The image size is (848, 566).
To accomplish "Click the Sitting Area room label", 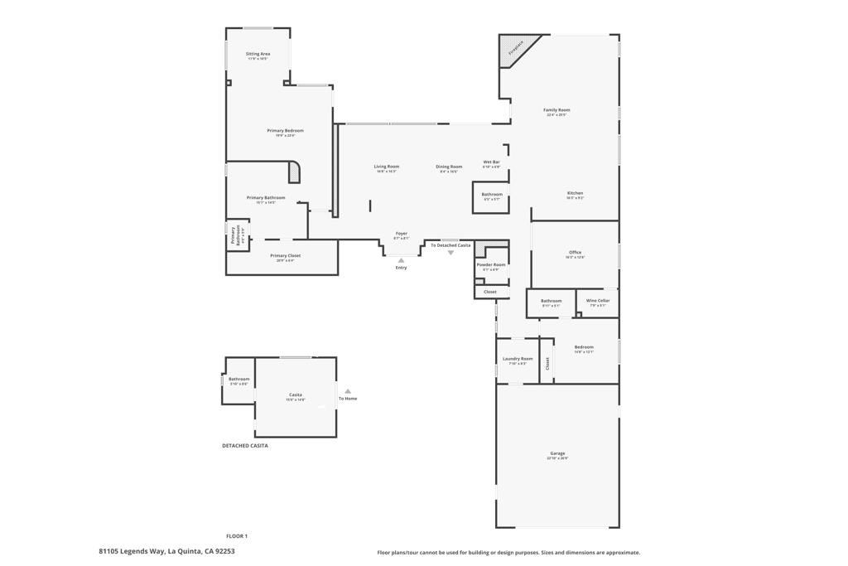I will pyautogui.click(x=258, y=55).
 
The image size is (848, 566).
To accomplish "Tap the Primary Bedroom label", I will pyautogui.click(x=285, y=131).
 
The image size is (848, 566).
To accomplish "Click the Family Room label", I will pyautogui.click(x=556, y=110).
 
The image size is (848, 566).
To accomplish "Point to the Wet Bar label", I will pyautogui.click(x=491, y=162).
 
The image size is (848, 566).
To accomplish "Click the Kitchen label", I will pyautogui.click(x=575, y=194).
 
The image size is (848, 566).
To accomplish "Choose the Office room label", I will pyautogui.click(x=575, y=253).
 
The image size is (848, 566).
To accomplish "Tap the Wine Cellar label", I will pyautogui.click(x=597, y=301).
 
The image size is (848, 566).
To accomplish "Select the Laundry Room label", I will pyautogui.click(x=518, y=359).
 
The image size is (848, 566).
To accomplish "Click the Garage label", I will pyautogui.click(x=557, y=454).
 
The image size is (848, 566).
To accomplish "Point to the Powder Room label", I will pyautogui.click(x=490, y=265).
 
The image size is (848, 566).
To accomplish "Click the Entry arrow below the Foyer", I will pyautogui.click(x=401, y=260).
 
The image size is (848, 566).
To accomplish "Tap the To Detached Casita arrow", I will pyautogui.click(x=450, y=253).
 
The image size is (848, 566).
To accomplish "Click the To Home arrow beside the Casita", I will pyautogui.click(x=348, y=391).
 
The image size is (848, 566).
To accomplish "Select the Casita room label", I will pyautogui.click(x=296, y=395).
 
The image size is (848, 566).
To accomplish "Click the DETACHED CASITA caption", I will pyautogui.click(x=244, y=446).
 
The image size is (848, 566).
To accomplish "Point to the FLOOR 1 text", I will pyautogui.click(x=237, y=536).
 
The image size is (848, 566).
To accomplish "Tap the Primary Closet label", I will pyautogui.click(x=285, y=256).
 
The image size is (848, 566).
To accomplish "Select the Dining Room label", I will pyautogui.click(x=449, y=167).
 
